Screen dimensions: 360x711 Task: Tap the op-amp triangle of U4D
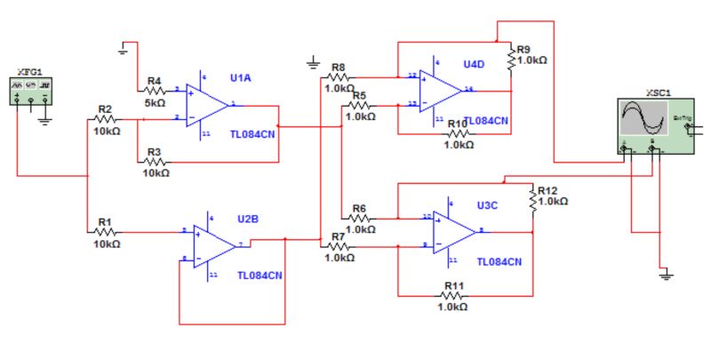click(x=441, y=90)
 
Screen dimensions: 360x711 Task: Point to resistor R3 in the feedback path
click(x=154, y=163)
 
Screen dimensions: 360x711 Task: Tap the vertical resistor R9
click(x=512, y=60)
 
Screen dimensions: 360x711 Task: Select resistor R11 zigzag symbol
click(x=453, y=294)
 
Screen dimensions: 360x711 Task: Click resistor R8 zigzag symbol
click(x=338, y=76)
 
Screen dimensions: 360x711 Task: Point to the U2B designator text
click(x=247, y=218)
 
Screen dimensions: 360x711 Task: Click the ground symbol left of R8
click(x=312, y=63)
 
